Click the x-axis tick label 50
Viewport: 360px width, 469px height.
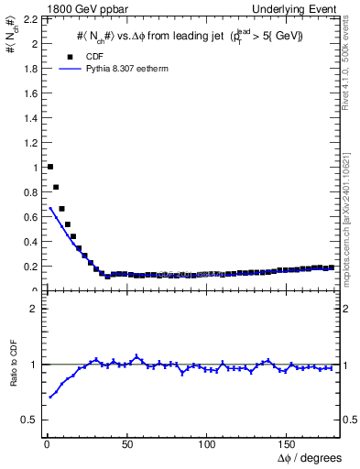tap(126, 445)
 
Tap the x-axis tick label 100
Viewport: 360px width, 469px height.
tap(207, 445)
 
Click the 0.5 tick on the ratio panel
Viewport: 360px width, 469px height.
tap(30, 420)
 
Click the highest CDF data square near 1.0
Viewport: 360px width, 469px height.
tap(49, 167)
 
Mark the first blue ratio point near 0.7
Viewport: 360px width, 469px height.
tap(50, 397)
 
